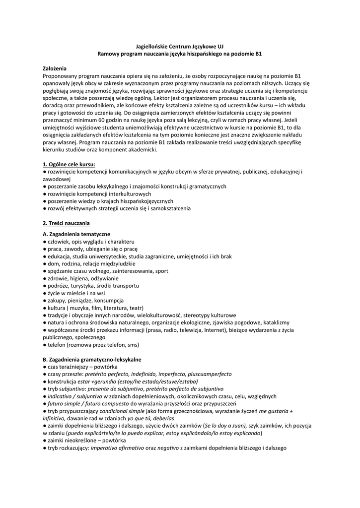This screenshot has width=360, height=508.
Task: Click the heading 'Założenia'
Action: pos(55,68)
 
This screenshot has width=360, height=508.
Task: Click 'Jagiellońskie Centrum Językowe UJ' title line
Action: pos(180,45)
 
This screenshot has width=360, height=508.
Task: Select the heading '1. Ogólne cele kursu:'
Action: pos(69,164)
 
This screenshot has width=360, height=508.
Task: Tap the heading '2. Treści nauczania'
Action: pos(66,223)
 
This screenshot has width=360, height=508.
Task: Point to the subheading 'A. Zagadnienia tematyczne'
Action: pos(76,234)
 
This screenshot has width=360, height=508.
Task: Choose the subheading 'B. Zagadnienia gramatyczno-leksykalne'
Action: pos(92,359)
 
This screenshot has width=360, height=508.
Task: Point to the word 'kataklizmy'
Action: pos(273,322)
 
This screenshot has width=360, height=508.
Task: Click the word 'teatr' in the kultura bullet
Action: pos(135,308)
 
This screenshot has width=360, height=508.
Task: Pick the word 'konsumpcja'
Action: pos(106,300)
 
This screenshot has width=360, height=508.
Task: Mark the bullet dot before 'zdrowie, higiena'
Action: pos(45,278)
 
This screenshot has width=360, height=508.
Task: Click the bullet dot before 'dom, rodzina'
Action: pos(45,263)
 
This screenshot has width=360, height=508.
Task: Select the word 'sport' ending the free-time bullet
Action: pos(161,271)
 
